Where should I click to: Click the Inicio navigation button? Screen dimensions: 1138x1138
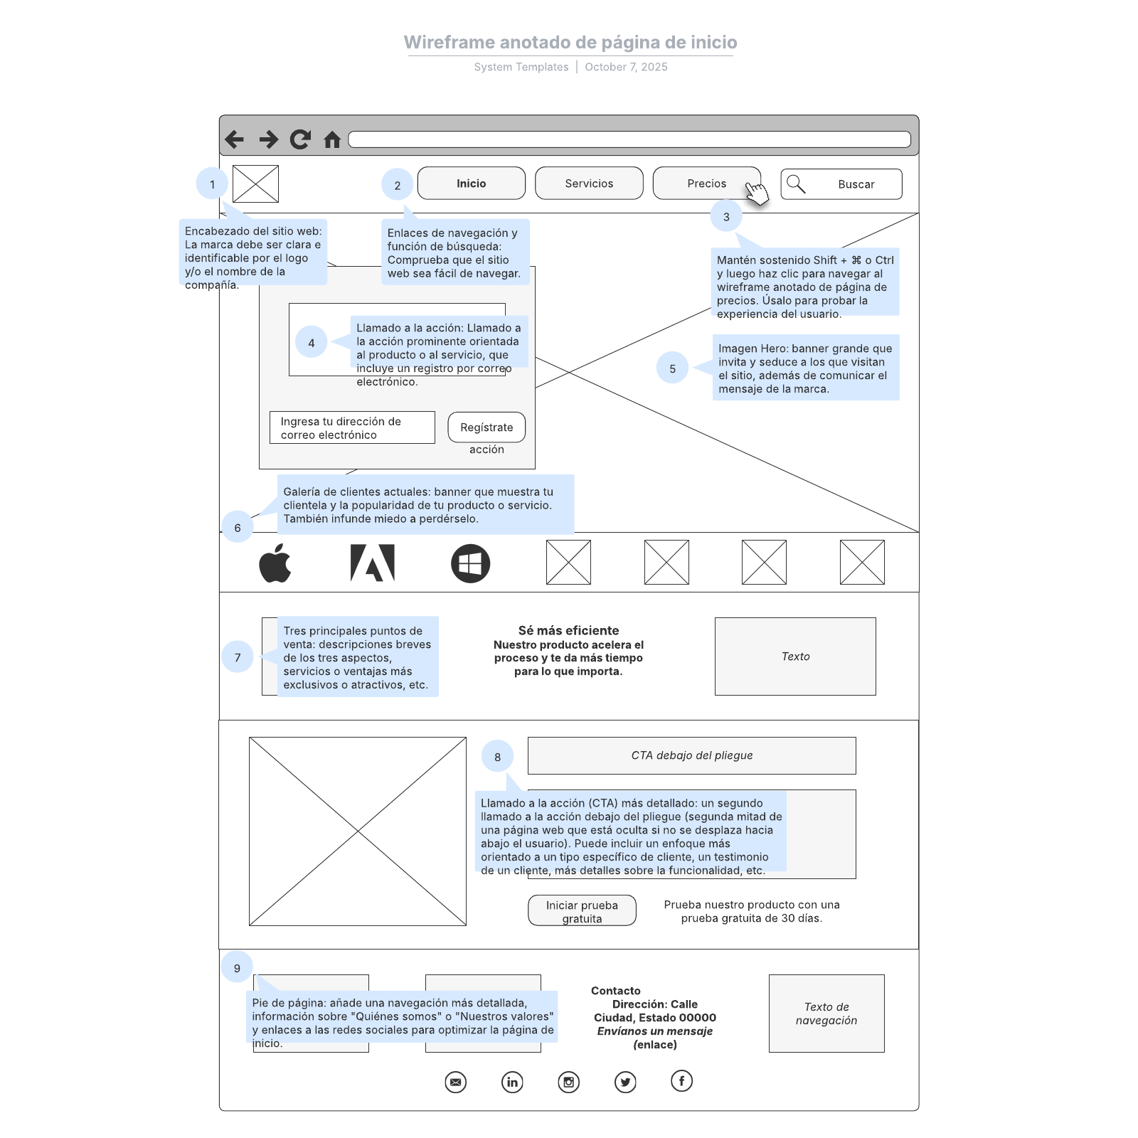471,184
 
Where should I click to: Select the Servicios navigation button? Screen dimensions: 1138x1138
589,184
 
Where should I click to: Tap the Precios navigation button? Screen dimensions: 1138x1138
706,184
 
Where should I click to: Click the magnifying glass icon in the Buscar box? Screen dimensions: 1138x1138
796,184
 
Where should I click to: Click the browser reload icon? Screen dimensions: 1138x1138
300,139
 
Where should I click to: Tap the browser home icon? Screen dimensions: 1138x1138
332,139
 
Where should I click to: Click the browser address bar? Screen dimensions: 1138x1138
629,139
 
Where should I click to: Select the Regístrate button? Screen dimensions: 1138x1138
486,427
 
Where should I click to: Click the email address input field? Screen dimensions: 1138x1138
352,427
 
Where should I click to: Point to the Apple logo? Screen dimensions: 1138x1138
275,563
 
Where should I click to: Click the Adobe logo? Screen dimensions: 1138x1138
373,563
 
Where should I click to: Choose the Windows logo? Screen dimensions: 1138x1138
470,563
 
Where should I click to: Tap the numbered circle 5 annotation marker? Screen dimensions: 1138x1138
672,368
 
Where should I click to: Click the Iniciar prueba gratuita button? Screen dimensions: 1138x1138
582,911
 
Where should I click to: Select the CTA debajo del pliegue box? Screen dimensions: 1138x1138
691,755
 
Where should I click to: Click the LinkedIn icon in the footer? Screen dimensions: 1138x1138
512,1082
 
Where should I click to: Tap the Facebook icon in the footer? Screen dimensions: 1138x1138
681,1081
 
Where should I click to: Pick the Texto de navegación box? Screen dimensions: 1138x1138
826,1014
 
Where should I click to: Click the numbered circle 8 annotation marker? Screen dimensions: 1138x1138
497,757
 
